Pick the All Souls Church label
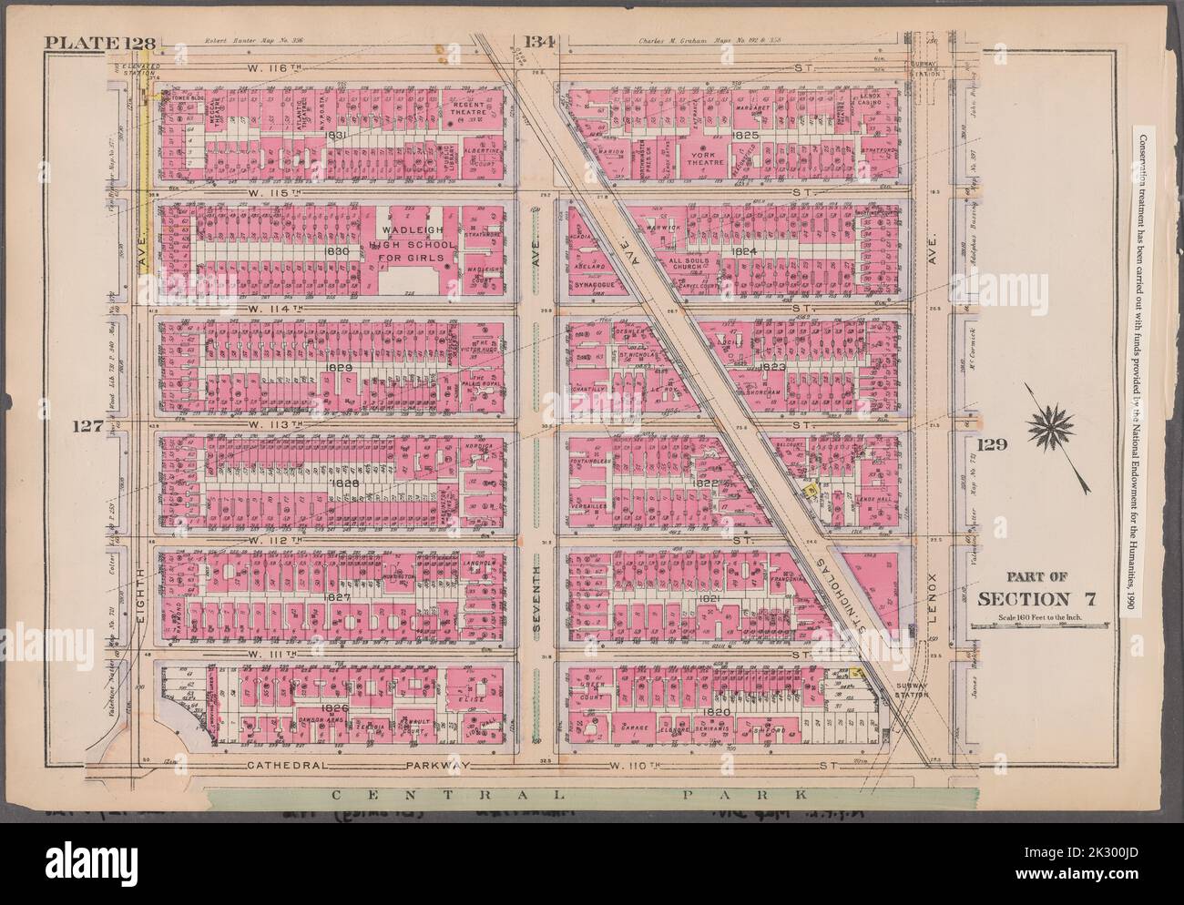[x=699, y=263]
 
